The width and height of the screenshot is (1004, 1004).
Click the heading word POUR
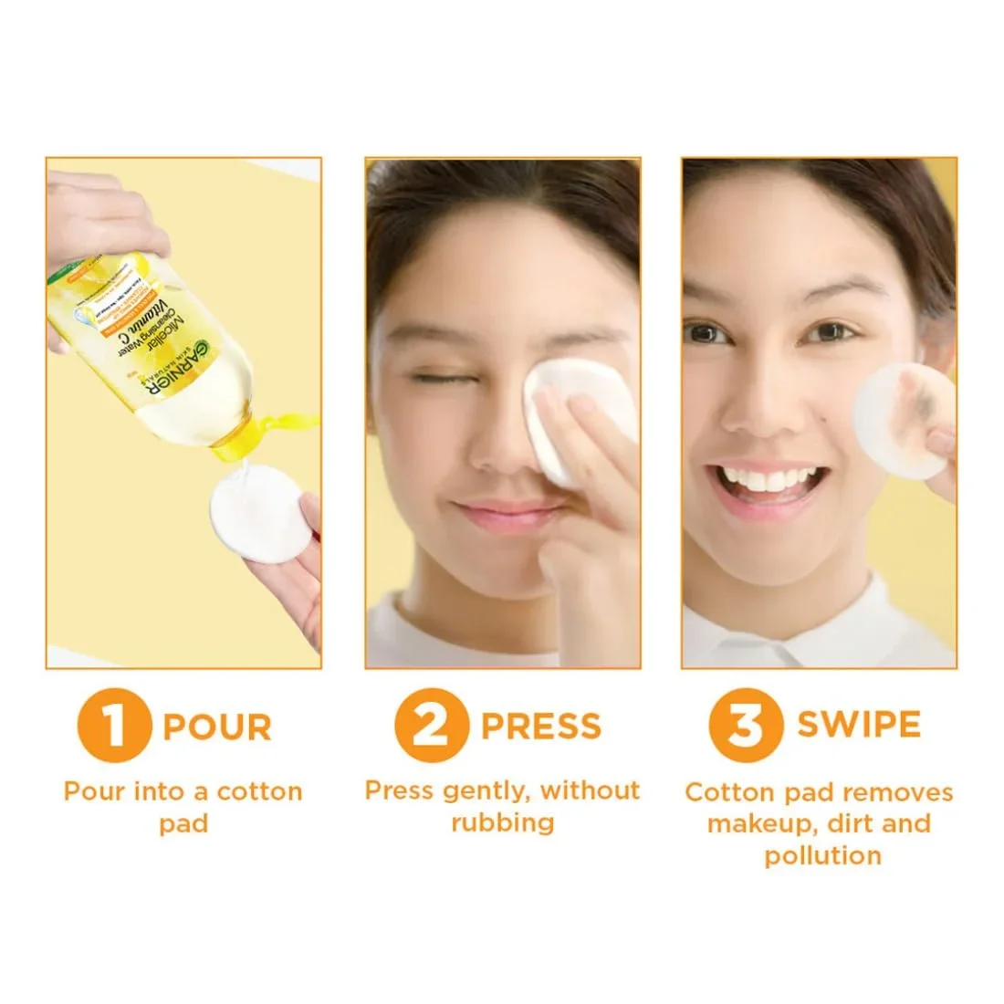pyautogui.click(x=217, y=727)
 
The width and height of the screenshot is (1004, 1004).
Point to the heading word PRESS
pyautogui.click(x=541, y=727)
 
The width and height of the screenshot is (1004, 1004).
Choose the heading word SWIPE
pyautogui.click(x=859, y=725)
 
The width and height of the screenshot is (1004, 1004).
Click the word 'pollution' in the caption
pyautogui.click(x=822, y=856)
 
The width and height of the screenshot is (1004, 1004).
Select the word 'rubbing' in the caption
pyautogui.click(x=502, y=823)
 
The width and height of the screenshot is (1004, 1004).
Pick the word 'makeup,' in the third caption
pyautogui.click(x=762, y=824)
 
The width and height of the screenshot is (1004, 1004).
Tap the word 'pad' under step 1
pyautogui.click(x=183, y=824)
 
